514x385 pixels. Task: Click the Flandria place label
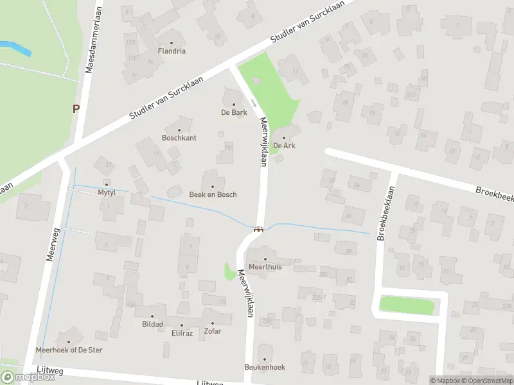tap(172, 51)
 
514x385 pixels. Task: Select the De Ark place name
tap(284, 146)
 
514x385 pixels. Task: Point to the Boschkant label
tap(179, 138)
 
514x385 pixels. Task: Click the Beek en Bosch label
tap(213, 194)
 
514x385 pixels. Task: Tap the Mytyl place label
tap(107, 193)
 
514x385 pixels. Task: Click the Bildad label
tap(152, 325)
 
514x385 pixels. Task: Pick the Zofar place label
tap(212, 331)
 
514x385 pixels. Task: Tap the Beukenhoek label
tap(265, 367)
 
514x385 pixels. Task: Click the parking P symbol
tap(76, 109)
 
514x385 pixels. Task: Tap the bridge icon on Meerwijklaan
tap(258, 229)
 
